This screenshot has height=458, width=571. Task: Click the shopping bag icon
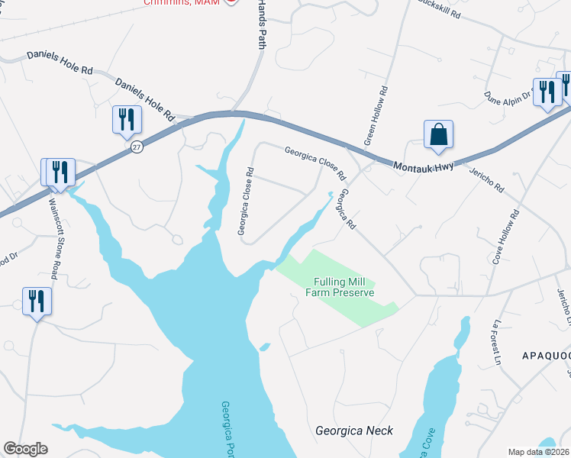pos(438,134)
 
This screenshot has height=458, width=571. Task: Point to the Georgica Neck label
pos(354,431)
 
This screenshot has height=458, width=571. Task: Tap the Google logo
pos(25,449)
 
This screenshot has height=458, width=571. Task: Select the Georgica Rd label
pos(348,210)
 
